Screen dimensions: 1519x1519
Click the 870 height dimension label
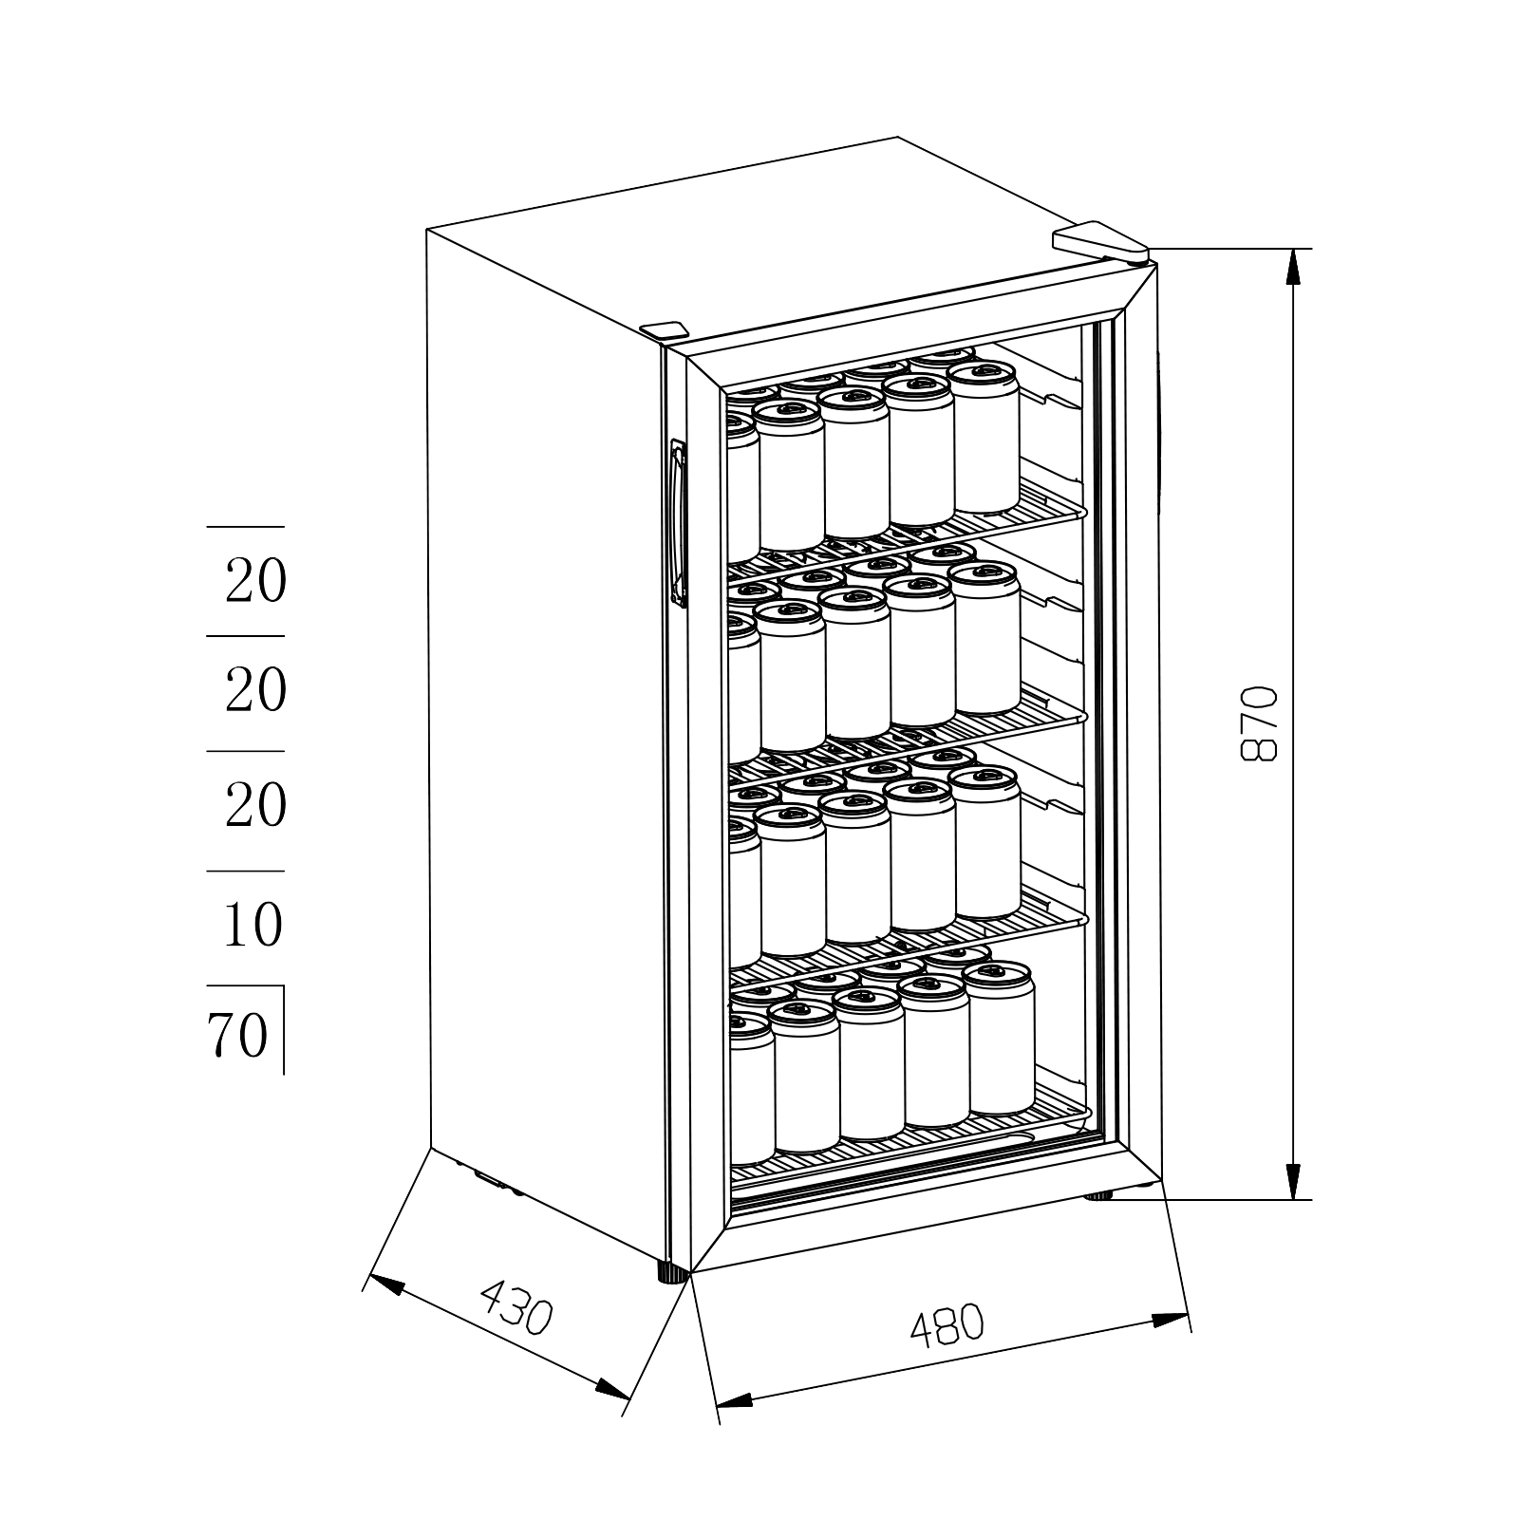pyautogui.click(x=1260, y=722)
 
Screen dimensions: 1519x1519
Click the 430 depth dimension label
pyautogui.click(x=516, y=1307)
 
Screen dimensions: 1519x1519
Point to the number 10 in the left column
pyautogui.click(x=253, y=924)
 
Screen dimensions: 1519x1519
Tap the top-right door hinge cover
pyautogui.click(x=1101, y=242)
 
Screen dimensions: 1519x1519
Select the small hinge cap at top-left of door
pyautogui.click(x=664, y=329)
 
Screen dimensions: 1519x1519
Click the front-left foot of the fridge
pyautogui.click(x=673, y=1272)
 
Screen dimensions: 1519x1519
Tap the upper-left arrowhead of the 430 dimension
pyautogui.click(x=385, y=1284)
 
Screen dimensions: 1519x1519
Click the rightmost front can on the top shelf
pyautogui.click(x=985, y=438)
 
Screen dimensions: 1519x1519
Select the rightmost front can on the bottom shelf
pyautogui.click(x=999, y=1039)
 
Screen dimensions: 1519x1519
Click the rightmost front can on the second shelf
pyautogui.click(x=985, y=638)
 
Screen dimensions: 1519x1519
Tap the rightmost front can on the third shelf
pyautogui.click(x=985, y=843)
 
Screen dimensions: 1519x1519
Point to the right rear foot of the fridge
pyautogui.click(x=1099, y=1195)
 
